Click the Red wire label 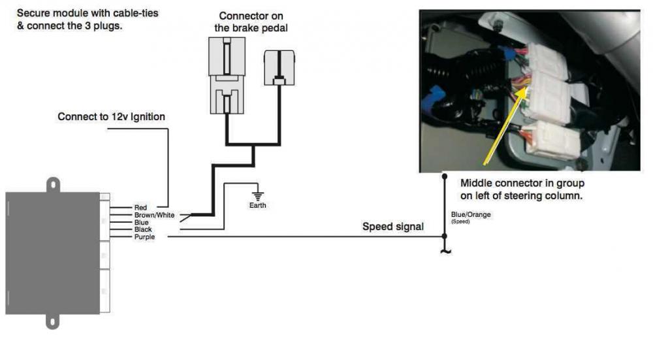click(x=141, y=207)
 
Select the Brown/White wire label click(x=154, y=215)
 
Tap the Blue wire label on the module click(x=141, y=222)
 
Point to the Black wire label click(x=143, y=229)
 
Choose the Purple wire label click(x=144, y=237)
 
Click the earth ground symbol click(x=257, y=195)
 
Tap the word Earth click(x=257, y=205)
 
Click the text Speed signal click(x=392, y=227)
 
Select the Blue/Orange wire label click(x=471, y=214)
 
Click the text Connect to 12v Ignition click(x=111, y=117)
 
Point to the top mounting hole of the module click(x=52, y=185)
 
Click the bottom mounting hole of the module click(x=52, y=322)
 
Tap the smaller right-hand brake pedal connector click(x=279, y=68)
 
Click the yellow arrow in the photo click(x=503, y=124)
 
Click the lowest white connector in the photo click(x=556, y=140)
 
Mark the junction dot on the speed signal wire click(x=445, y=236)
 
